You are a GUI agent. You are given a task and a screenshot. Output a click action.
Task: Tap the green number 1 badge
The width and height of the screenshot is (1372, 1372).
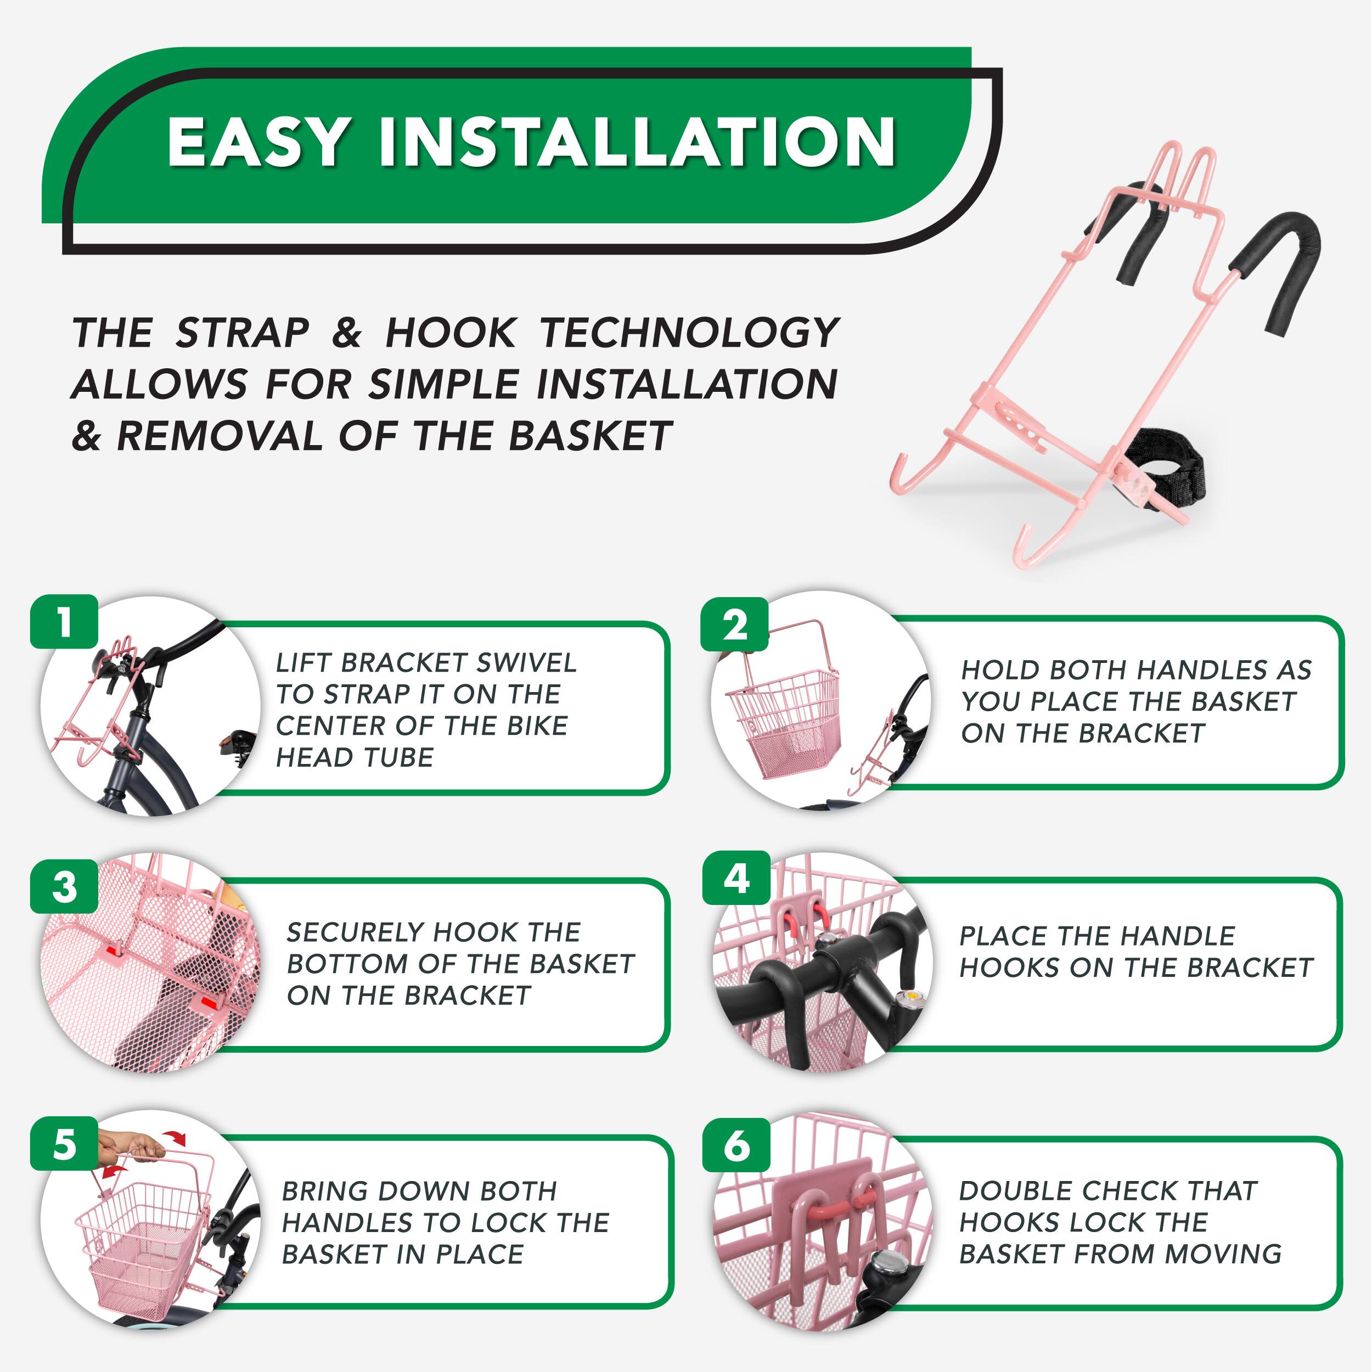click(x=64, y=621)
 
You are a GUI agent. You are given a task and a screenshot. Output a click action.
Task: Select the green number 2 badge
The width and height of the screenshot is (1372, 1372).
click(x=735, y=625)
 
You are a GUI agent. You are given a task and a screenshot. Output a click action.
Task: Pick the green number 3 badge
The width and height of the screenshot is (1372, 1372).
click(x=64, y=887)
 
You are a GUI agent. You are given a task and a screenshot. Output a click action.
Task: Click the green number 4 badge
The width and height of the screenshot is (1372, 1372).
click(x=736, y=879)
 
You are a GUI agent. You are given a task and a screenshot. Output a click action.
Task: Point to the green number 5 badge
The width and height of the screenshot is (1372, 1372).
click(x=64, y=1145)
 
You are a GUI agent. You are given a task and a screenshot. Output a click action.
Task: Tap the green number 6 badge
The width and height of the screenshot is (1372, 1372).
click(x=736, y=1145)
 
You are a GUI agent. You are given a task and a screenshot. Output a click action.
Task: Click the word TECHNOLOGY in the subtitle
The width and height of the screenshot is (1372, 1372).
click(x=689, y=333)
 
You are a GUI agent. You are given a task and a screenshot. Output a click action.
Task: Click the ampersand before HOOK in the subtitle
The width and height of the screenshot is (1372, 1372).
click(x=346, y=333)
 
